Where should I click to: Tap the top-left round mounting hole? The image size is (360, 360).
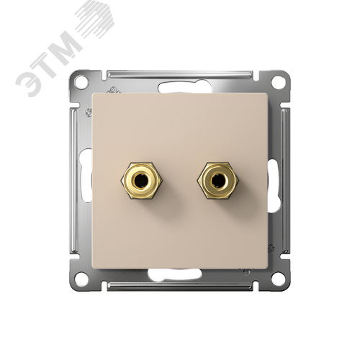[x=81, y=82]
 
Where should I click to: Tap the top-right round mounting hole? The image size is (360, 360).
[x=278, y=82]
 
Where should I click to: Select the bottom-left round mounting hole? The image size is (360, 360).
[x=81, y=278]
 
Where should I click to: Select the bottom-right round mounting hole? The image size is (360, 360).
[x=278, y=278]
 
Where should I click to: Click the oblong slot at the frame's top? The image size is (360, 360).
[x=185, y=87]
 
